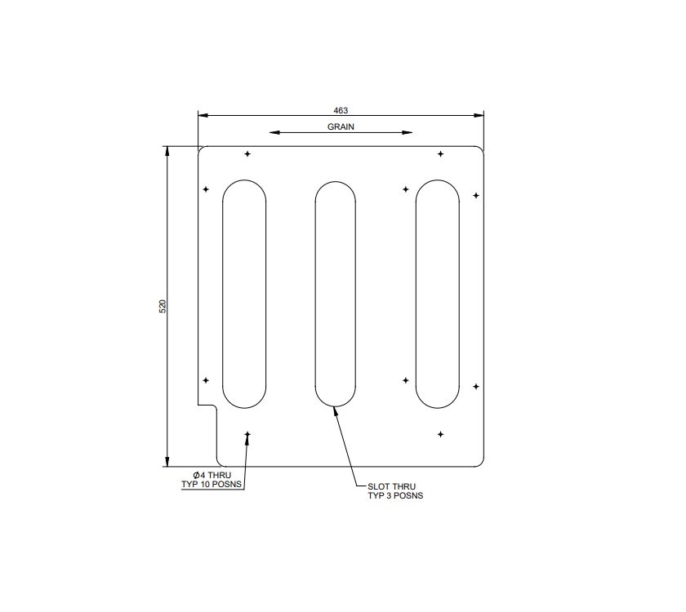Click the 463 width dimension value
pos(341,109)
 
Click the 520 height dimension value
pos(163,306)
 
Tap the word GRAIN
pos(341,127)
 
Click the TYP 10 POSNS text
pos(212,485)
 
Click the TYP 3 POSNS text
pos(395,495)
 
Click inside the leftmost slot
pos(244,294)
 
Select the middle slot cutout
pos(336,294)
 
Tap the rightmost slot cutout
pos(437,294)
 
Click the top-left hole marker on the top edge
pos(247,153)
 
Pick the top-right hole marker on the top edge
pos(440,153)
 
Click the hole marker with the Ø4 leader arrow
pos(247,435)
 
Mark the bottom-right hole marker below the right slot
pos(440,434)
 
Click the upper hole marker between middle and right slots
pos(406,189)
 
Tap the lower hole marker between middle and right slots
pos(406,380)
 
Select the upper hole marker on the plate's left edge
pos(206,189)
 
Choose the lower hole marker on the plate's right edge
pos(476,386)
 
